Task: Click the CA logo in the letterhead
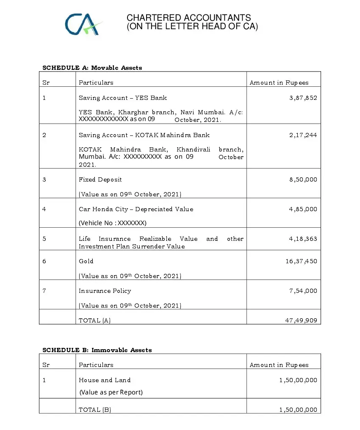pos(83,24)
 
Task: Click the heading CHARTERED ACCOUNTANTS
pos(188,18)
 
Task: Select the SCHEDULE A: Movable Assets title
pos(92,68)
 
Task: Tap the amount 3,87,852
pos(303,98)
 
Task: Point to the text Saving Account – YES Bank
pos(123,98)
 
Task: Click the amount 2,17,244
pos(303,135)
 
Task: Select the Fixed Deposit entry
pos(100,179)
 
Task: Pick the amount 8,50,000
pos(303,179)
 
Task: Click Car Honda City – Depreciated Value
pos(136,209)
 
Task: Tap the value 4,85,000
pos(303,209)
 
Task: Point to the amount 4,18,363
pos(303,239)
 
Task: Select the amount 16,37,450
pos(301,261)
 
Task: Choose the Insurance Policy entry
pos(105,291)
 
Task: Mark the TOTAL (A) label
pos(95,320)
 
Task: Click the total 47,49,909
pos(301,320)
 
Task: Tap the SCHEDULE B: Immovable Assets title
pos(97,350)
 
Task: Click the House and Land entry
pos(105,380)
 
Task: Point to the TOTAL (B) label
pos(95,410)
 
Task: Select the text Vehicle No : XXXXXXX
pos(113,223)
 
